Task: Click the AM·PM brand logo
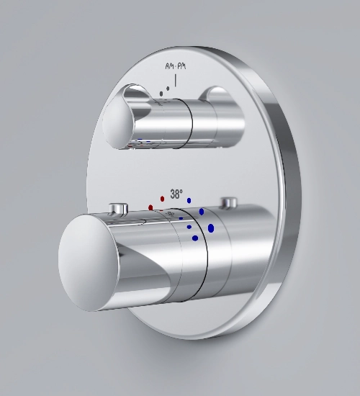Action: tap(176, 66)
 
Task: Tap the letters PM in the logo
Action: tap(181, 66)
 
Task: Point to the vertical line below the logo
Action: tap(176, 81)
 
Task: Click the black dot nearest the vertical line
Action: tap(168, 89)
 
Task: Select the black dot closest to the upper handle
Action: tap(161, 94)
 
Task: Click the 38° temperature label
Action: tap(176, 194)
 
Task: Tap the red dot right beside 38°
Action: tap(162, 199)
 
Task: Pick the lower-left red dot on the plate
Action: tap(150, 207)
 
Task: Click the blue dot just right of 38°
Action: tap(189, 201)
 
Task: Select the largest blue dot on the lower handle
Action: tap(211, 228)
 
